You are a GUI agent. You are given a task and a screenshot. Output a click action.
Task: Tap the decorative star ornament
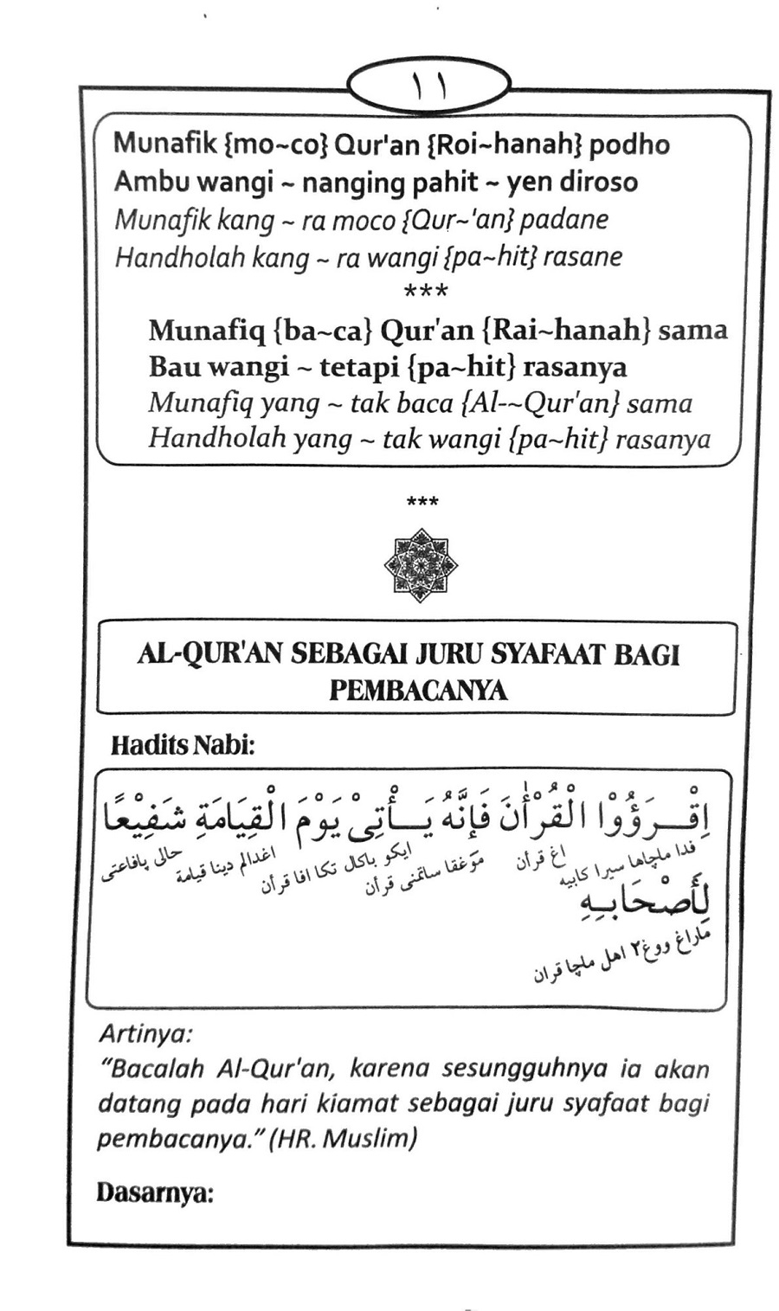421,566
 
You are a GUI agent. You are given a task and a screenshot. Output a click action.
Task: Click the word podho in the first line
629,145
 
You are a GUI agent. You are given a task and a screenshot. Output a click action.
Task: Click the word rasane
582,257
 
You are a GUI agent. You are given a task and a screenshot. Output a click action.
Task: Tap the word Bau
172,367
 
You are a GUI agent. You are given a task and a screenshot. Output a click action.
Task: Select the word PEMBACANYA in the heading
418,691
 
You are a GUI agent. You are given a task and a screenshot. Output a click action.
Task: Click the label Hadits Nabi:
183,745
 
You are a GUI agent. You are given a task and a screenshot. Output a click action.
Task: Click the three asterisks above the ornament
421,501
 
